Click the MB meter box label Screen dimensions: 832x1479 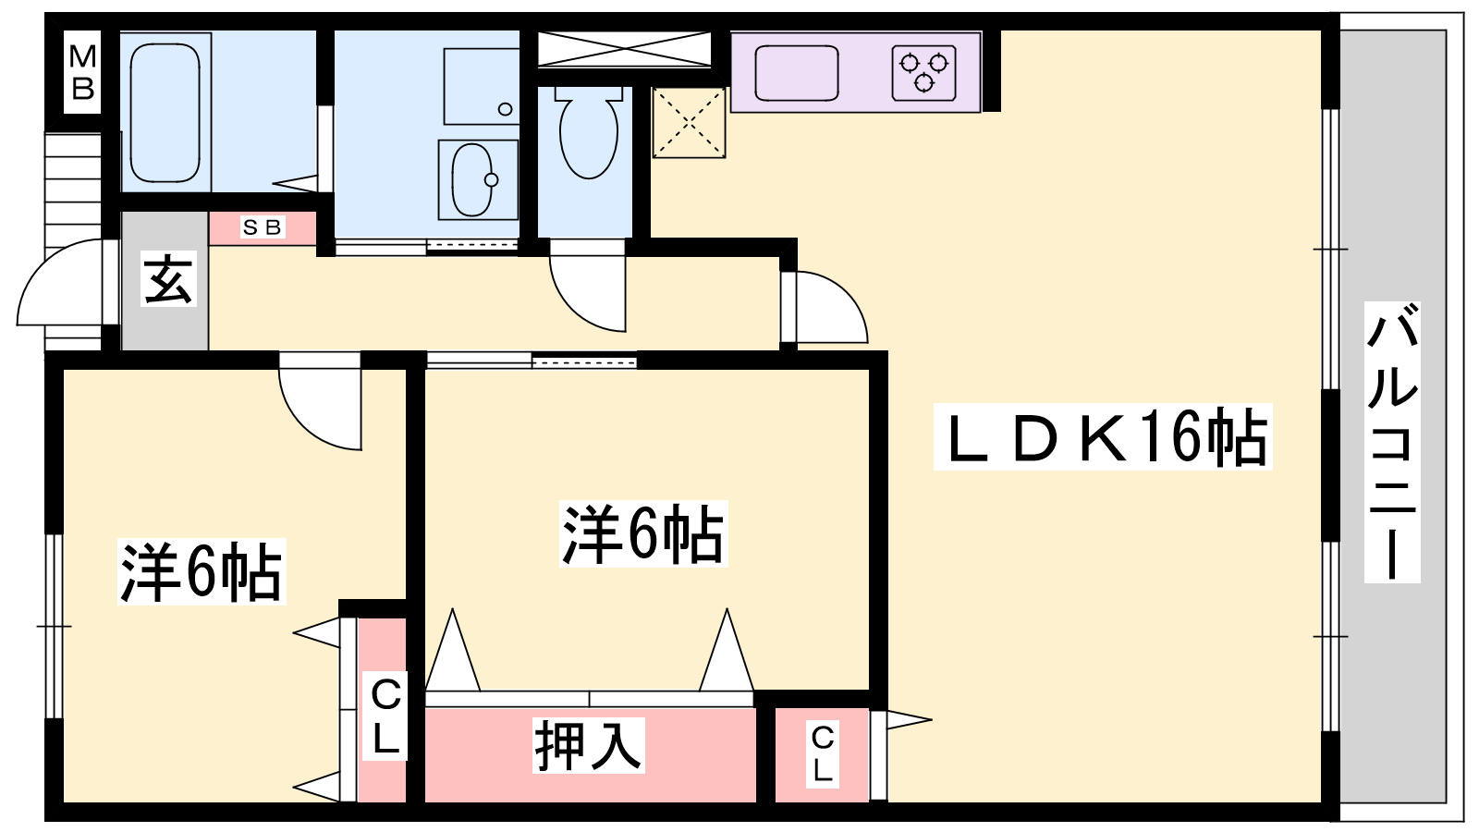point(82,72)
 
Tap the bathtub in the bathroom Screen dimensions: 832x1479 point(165,113)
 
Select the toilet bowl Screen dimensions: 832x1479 point(589,133)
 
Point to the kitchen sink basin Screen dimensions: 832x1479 point(797,72)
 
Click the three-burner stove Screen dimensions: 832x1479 point(923,72)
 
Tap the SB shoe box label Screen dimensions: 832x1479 point(262,227)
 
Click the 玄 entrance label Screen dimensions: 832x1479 point(169,280)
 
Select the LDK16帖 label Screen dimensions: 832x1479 point(1102,437)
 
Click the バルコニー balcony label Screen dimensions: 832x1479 point(1392,442)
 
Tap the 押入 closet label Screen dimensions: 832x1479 point(588,745)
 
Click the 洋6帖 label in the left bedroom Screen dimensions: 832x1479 point(201,571)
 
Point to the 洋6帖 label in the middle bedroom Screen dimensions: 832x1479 point(643,533)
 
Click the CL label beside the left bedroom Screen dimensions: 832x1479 point(385,715)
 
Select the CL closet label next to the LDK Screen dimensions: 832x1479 point(823,753)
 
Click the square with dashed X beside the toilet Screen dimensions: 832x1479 point(689,122)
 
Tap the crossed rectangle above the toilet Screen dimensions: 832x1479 point(624,48)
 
